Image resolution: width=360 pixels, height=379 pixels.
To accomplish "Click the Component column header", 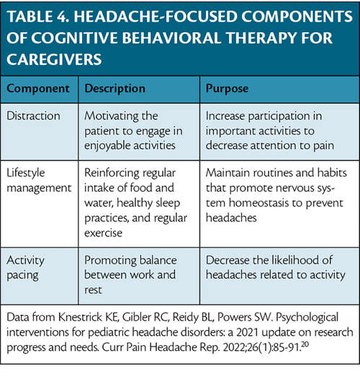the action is [x=38, y=89].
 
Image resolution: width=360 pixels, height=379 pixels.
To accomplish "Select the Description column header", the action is [x=114, y=89].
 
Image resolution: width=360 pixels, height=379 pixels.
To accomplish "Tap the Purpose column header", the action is [x=227, y=89].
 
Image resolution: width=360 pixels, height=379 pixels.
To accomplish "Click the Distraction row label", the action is [x=33, y=116].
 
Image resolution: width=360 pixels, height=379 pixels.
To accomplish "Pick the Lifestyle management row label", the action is [x=39, y=180].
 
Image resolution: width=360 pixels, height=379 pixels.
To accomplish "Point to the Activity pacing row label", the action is [x=25, y=268].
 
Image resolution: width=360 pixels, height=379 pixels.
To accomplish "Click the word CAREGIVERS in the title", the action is [x=54, y=60].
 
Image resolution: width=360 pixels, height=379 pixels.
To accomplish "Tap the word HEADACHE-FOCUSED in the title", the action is [x=155, y=17].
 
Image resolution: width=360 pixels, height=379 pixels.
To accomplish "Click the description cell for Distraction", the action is [x=133, y=130].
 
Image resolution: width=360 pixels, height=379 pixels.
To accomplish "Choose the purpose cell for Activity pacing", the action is [x=276, y=268].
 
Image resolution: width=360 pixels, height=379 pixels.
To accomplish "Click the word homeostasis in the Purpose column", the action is [x=258, y=202].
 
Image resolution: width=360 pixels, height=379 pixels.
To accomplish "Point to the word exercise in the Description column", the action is [x=103, y=233].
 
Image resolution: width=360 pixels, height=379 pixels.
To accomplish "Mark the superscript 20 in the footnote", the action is [x=305, y=344].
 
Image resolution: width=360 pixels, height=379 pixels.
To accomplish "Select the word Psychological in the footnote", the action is [x=307, y=318].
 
